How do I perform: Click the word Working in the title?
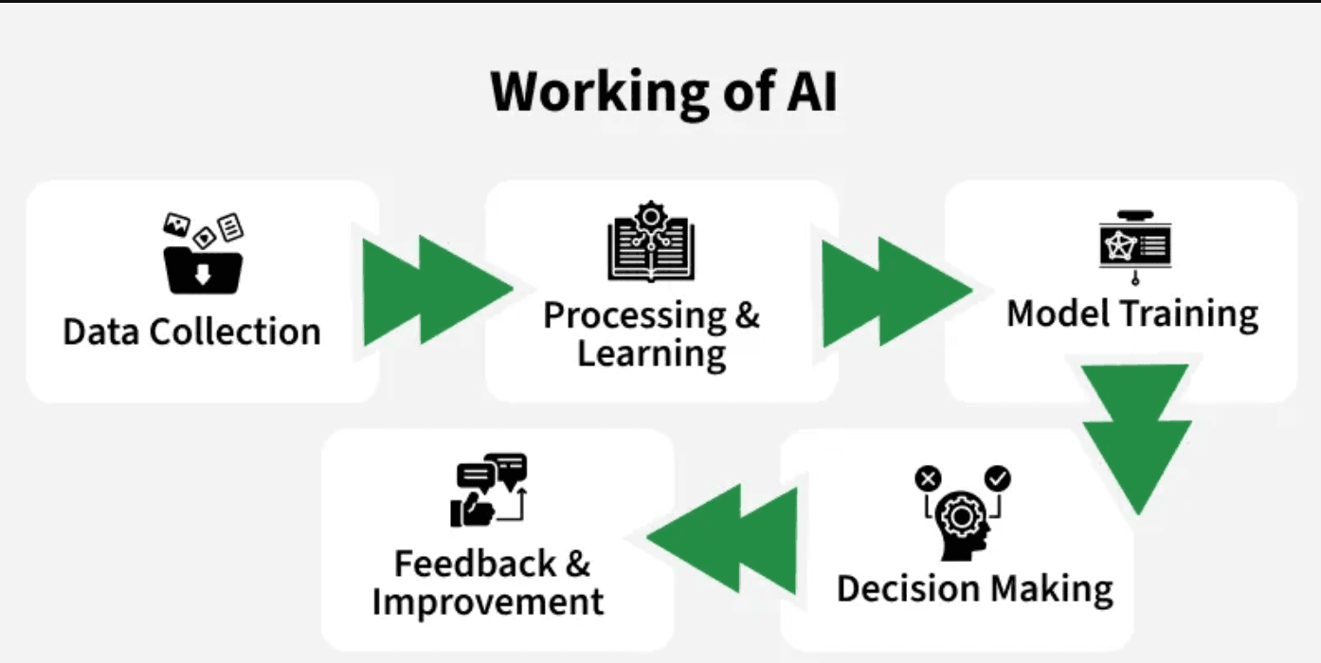(600, 93)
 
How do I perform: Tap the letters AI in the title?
(813, 91)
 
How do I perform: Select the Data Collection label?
(192, 331)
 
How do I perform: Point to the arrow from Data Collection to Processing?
(437, 290)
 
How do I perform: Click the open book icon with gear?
(651, 242)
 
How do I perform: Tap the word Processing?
(635, 316)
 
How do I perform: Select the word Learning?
(652, 354)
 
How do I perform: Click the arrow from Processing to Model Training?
(897, 291)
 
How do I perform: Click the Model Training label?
(1132, 314)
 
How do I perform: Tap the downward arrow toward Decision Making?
(1136, 439)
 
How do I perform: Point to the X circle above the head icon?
(929, 478)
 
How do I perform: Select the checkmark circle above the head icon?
(999, 478)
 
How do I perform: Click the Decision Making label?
(975, 589)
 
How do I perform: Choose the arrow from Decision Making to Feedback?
(722, 539)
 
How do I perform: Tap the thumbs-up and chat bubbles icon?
(489, 490)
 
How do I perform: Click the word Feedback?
(476, 564)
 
